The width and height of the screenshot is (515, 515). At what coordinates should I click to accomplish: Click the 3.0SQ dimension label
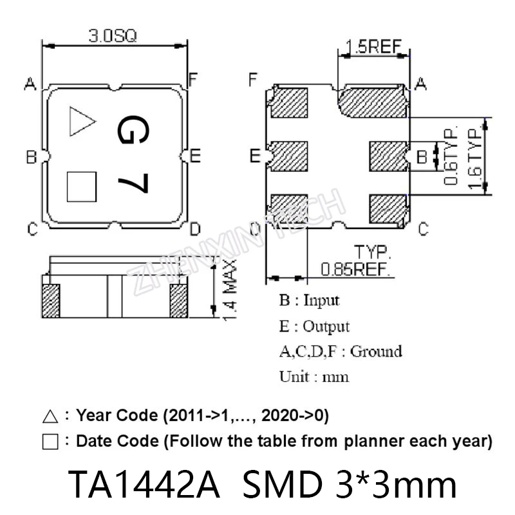[x=112, y=36]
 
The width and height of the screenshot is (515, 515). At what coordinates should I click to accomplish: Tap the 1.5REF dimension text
[x=374, y=46]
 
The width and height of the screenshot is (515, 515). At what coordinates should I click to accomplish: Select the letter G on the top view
[x=133, y=129]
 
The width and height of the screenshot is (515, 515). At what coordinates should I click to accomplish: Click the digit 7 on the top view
[x=133, y=183]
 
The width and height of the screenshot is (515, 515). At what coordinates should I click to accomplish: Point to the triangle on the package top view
[x=82, y=121]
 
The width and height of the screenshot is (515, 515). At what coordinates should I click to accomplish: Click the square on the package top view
[x=82, y=187]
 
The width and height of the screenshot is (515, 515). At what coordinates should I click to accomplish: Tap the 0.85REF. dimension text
[x=355, y=269]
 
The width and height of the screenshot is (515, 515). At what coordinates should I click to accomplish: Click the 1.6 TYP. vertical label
[x=475, y=158]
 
